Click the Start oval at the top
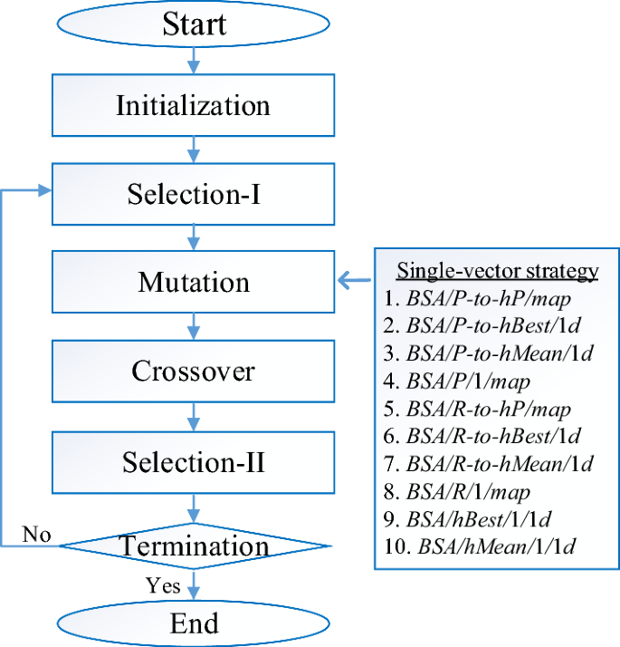[x=194, y=24]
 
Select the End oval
[x=194, y=623]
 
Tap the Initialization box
[x=194, y=105]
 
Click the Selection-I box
[x=194, y=194]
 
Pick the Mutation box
[x=194, y=282]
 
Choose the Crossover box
[x=194, y=371]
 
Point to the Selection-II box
[x=194, y=462]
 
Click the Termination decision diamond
[x=194, y=546]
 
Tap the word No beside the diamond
[x=37, y=534]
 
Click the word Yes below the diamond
[x=163, y=585]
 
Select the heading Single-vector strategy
[x=498, y=270]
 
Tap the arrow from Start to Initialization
[x=194, y=60]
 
